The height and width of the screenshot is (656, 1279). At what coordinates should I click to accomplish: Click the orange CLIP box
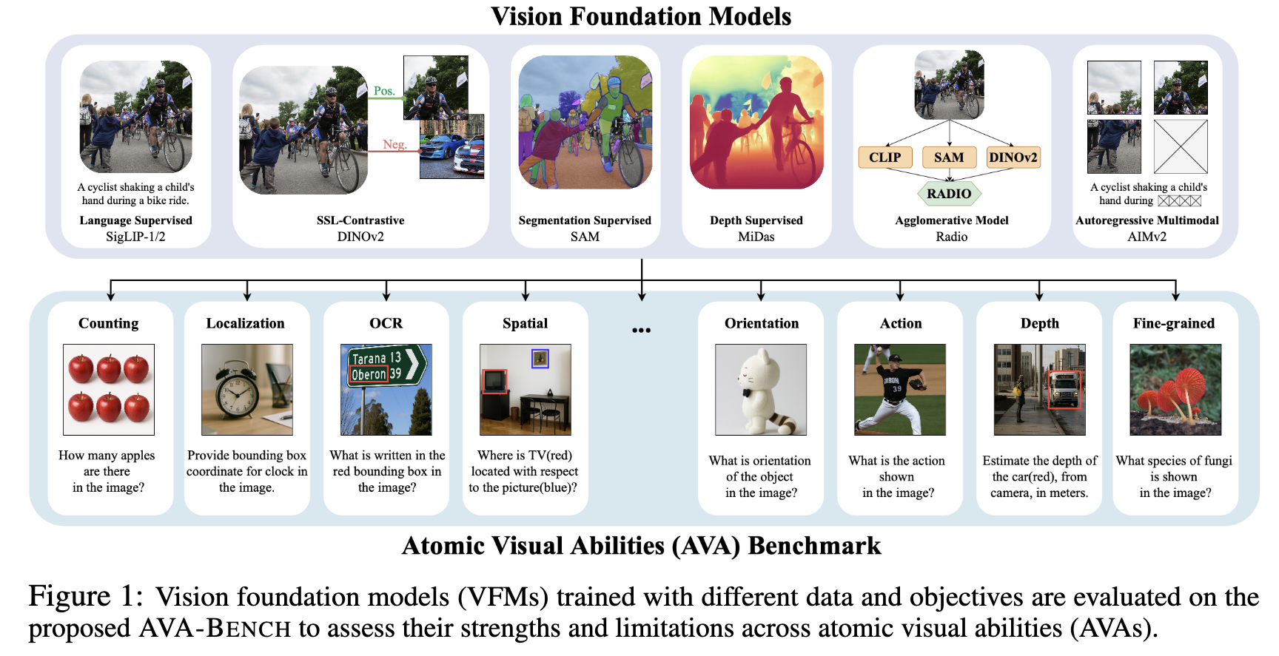coord(884,158)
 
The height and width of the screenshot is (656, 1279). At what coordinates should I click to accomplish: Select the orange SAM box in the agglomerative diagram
coord(949,158)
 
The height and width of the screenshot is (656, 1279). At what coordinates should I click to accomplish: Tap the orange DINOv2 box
coord(1013,158)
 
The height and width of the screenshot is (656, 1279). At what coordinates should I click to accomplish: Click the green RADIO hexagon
coord(949,194)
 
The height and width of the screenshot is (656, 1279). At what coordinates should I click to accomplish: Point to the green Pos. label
coord(384,91)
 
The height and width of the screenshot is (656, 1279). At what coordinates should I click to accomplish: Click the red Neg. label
coord(394,144)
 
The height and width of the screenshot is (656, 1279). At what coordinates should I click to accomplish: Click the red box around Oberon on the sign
coord(369,374)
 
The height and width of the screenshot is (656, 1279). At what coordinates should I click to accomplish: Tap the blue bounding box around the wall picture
coord(540,359)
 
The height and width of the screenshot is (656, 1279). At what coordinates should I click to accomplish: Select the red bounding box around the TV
coord(494,381)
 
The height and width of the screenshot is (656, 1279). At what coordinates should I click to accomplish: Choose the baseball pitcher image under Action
coord(899,389)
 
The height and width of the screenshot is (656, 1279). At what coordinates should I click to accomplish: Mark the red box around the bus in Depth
coord(1064,390)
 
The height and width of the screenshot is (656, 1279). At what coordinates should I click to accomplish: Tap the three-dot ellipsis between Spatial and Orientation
coord(641,330)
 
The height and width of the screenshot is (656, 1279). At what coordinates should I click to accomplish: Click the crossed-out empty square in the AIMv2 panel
coord(1181,146)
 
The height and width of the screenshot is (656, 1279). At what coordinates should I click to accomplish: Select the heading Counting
coord(109,323)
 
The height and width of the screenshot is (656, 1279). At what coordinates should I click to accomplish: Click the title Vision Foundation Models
coord(641,16)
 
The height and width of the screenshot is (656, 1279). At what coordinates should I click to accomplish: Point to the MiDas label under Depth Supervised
coord(756,237)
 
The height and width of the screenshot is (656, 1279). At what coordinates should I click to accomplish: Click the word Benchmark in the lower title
coord(814,546)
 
